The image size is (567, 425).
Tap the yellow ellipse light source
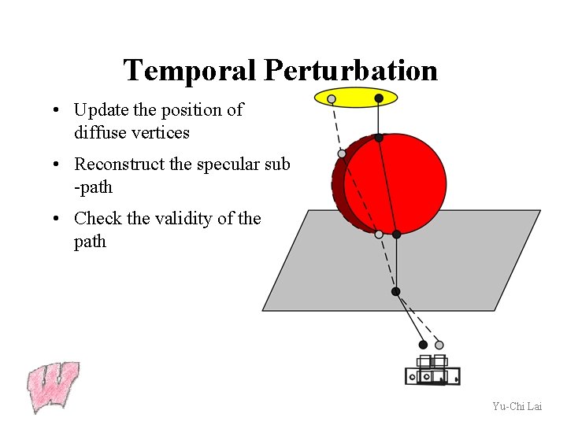tap(355, 98)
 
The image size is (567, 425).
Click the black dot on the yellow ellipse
tap(379, 98)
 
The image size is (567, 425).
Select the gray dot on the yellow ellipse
tap(332, 99)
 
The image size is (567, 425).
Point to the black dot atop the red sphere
tap(379, 138)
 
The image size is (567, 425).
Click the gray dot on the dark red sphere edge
tap(342, 154)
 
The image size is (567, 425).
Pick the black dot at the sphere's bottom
tap(396, 234)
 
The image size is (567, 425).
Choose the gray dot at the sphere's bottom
tap(379, 234)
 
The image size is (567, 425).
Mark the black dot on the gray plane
tap(395, 291)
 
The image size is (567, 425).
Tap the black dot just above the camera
tap(423, 345)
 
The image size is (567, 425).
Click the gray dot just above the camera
tap(439, 345)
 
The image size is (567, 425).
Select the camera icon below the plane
tap(432, 371)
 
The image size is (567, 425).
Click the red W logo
tap(53, 386)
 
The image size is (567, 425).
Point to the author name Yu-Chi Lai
tap(517, 406)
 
